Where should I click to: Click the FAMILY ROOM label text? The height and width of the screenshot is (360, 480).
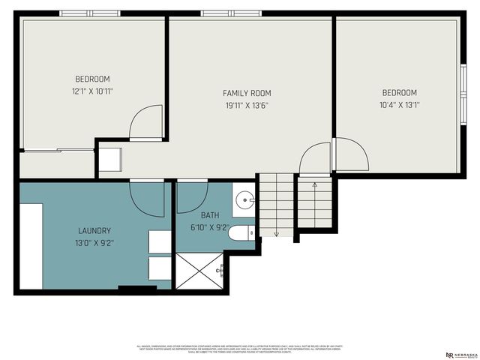[245, 93]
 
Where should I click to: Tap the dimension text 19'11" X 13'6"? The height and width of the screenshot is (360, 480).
[245, 105]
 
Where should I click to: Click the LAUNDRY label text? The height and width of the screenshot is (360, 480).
[94, 230]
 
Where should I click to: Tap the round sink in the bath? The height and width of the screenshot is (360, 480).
[244, 200]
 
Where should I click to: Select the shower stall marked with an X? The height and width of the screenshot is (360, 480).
[199, 269]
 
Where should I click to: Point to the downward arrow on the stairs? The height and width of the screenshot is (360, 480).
[276, 232]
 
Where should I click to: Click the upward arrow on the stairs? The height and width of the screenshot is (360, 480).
[314, 184]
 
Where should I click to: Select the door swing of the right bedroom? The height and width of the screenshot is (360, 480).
[350, 154]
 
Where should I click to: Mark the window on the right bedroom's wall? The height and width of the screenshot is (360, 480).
[463, 89]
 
